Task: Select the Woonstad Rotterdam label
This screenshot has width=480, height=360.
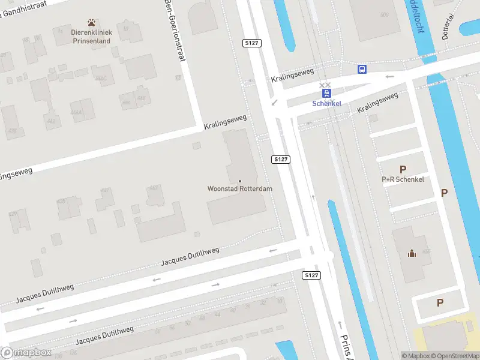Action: coord(240,188)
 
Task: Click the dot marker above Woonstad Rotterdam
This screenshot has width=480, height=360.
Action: coord(240,181)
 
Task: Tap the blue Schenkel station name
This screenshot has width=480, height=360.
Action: coord(327,103)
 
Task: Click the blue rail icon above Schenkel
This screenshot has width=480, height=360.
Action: coord(327,93)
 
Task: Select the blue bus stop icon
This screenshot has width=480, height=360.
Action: coord(362,69)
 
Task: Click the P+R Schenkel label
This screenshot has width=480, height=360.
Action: coord(403,179)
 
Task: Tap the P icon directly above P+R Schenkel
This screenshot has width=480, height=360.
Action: coord(403,170)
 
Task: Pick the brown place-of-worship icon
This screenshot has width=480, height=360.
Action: coord(412,253)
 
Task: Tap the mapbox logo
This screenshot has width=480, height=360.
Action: coord(26,353)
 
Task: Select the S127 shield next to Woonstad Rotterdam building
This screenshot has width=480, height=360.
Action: coord(280,159)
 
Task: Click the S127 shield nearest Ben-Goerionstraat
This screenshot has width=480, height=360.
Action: coord(251,43)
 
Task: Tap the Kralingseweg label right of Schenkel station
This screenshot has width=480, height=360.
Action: coord(377,103)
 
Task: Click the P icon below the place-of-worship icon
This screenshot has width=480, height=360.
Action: coord(440,303)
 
